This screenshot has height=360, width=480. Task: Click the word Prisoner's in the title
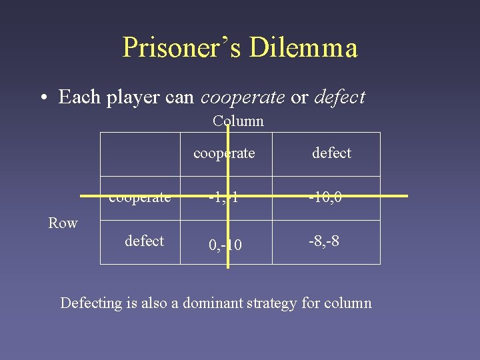point(181,47)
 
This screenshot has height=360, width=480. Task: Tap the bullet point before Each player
point(43,97)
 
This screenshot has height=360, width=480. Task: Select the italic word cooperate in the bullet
point(243,97)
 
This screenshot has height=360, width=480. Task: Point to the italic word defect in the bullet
point(339,97)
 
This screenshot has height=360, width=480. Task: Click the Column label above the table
point(238,121)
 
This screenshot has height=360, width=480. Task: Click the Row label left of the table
point(63,223)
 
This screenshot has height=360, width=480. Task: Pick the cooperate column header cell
point(224,153)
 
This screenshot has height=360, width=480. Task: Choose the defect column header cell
point(331,153)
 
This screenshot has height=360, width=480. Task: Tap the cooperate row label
point(140,197)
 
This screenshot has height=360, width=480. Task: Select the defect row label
point(144,241)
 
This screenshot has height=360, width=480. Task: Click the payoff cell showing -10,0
point(326,197)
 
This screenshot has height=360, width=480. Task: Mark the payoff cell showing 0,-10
point(225,245)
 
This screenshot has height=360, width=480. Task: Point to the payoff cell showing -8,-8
point(323,241)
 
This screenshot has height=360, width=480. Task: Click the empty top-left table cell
point(140,153)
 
